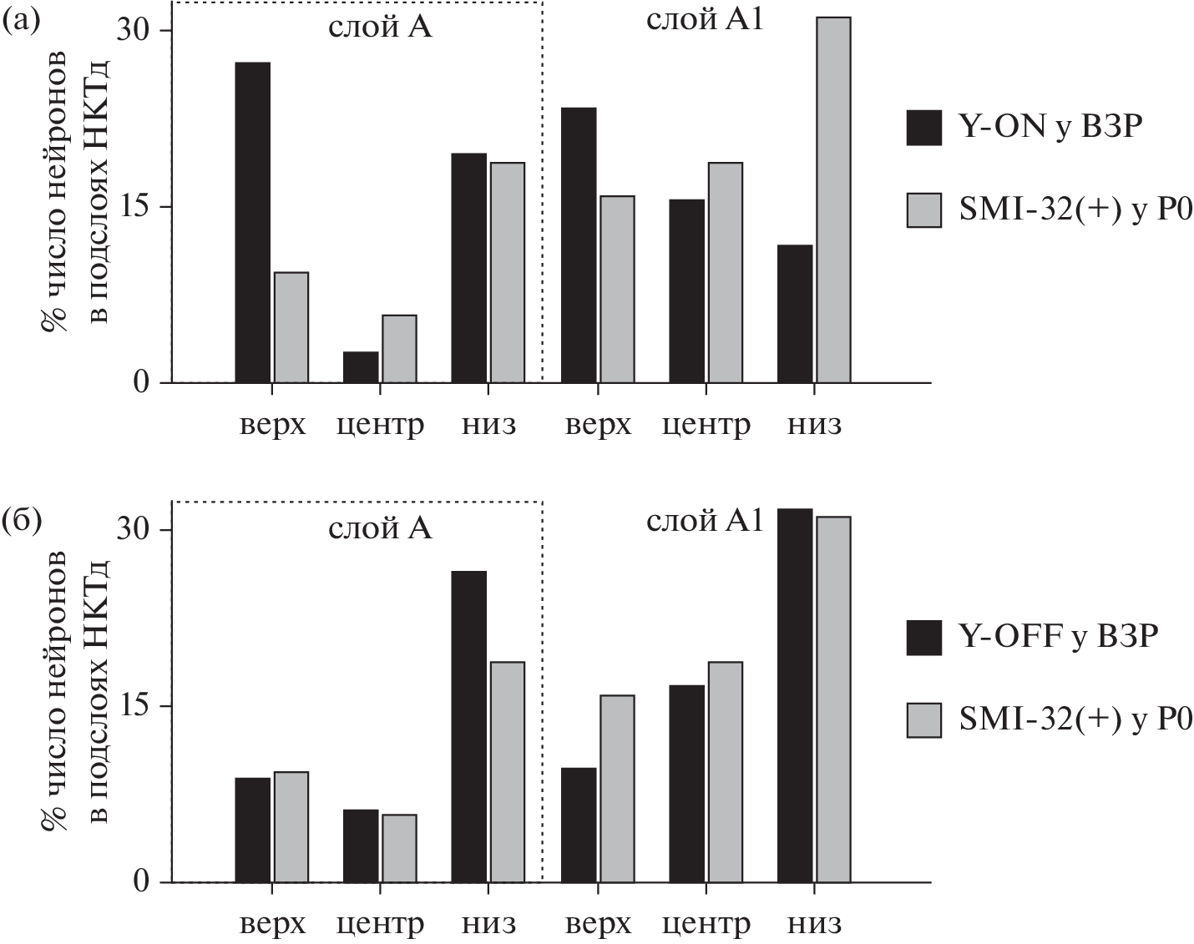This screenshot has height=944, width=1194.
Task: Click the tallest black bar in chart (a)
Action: click(x=252, y=223)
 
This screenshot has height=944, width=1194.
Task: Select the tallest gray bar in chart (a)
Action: click(x=833, y=200)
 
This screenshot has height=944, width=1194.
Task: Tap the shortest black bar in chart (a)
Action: click(x=361, y=367)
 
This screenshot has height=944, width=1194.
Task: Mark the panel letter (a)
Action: click(x=21, y=19)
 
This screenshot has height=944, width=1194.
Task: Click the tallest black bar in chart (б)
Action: click(x=795, y=695)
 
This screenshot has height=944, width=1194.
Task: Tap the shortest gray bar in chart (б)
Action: click(x=399, y=848)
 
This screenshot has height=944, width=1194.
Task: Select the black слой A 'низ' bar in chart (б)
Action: click(x=469, y=726)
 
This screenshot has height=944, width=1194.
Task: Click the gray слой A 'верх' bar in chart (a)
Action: click(x=291, y=328)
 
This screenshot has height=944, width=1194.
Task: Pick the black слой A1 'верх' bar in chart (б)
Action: click(x=578, y=825)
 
